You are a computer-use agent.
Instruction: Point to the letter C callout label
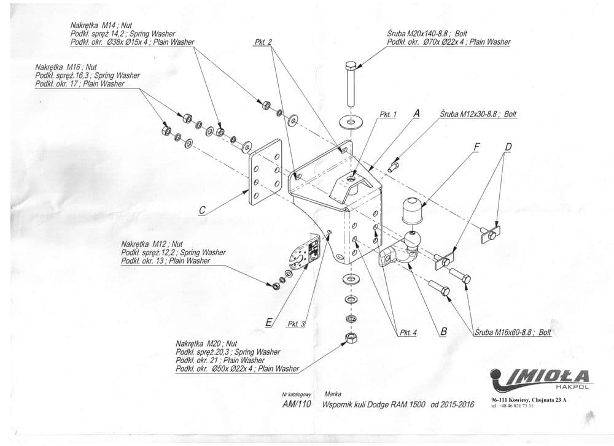point(201,210)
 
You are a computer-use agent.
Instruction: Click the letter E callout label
point(269,320)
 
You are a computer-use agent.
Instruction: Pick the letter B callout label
point(443,331)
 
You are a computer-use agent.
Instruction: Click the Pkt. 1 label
point(389,114)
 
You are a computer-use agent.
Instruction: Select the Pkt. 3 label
point(296,324)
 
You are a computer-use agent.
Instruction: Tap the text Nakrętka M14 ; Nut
point(101,25)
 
